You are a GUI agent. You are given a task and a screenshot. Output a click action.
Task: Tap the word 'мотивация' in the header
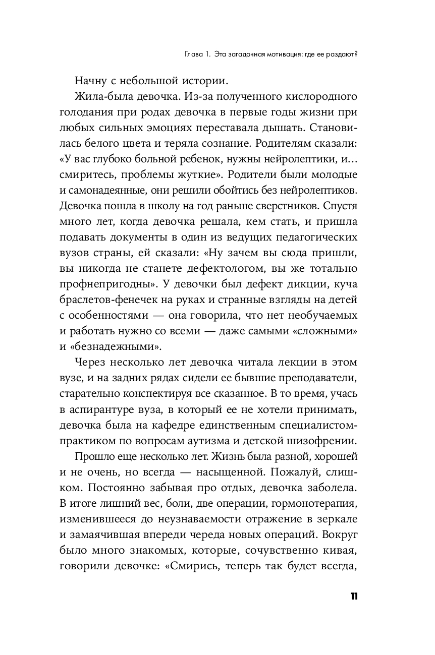pos(280,54)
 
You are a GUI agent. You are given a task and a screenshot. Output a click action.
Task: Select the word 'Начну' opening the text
pos(91,80)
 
